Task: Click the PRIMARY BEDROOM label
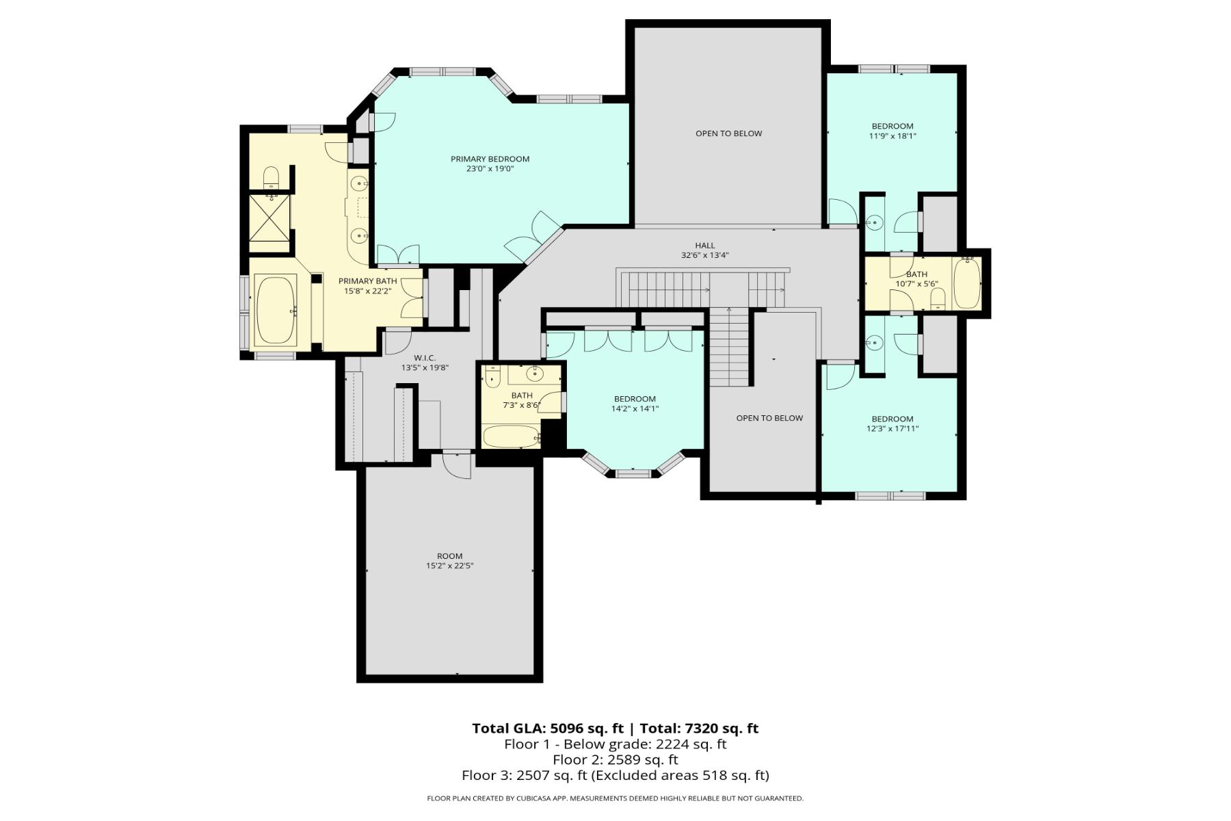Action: click(x=490, y=159)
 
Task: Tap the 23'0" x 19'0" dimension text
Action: click(x=490, y=169)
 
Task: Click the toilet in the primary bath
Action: click(x=272, y=178)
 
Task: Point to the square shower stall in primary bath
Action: click(x=269, y=218)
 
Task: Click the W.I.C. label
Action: click(x=424, y=358)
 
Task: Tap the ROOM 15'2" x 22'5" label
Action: click(x=449, y=561)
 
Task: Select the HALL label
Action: click(x=704, y=245)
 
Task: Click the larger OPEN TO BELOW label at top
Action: click(x=728, y=133)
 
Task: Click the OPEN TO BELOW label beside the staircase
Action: click(x=769, y=418)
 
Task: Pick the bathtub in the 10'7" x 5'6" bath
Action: click(x=967, y=283)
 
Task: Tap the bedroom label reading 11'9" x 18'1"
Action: click(x=892, y=131)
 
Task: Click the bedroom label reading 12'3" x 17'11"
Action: click(x=892, y=423)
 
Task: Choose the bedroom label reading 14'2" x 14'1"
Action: click(x=635, y=404)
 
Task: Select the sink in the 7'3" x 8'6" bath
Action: click(x=535, y=374)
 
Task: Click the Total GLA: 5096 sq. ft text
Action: click(x=547, y=729)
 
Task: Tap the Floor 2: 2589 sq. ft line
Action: click(x=615, y=759)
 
